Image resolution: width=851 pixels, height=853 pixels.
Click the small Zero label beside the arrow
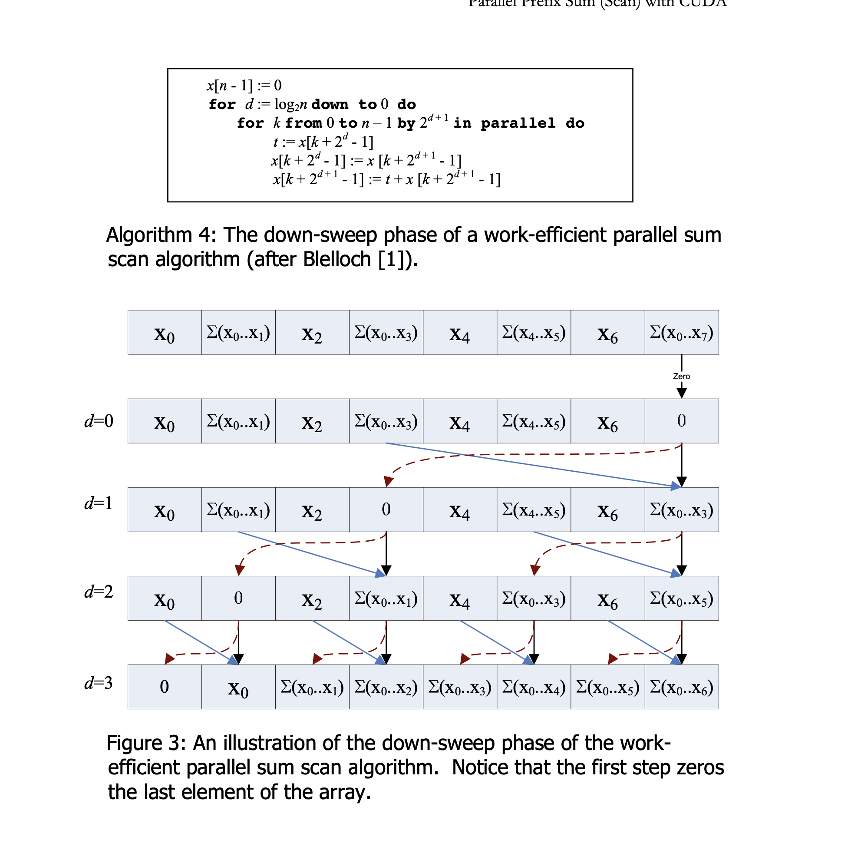(681, 376)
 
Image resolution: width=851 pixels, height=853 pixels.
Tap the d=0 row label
(99, 421)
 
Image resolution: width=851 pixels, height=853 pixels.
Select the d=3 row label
(99, 683)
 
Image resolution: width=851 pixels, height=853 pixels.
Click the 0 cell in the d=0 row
(681, 421)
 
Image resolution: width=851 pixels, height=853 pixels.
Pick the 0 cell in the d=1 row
(386, 509)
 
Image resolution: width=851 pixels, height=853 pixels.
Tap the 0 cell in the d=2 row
(238, 598)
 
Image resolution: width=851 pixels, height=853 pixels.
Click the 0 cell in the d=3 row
(164, 687)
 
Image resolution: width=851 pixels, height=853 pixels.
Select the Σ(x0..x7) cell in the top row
(681, 332)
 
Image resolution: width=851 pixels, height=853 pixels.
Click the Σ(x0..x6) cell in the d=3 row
(681, 687)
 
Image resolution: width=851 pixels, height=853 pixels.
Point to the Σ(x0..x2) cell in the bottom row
(386, 687)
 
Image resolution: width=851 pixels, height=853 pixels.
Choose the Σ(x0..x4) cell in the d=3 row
(534, 687)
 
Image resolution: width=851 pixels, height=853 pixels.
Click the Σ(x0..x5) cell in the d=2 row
(681, 598)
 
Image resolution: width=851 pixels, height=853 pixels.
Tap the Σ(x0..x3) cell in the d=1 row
(681, 509)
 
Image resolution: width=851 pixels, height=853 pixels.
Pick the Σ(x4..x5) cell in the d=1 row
(534, 509)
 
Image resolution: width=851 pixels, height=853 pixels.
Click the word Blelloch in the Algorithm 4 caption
(336, 259)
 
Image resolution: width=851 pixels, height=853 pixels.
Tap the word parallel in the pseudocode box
(518, 123)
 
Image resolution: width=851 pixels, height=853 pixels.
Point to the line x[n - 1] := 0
(244, 85)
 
